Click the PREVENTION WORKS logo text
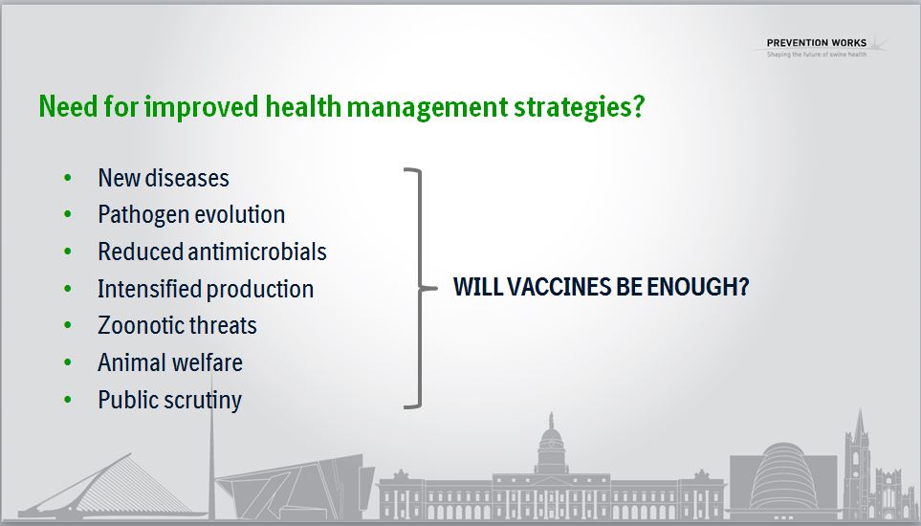pyautogui.click(x=817, y=43)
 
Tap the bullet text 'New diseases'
pyautogui.click(x=164, y=178)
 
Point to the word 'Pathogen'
pyautogui.click(x=141, y=215)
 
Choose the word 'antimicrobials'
pyautogui.click(x=257, y=252)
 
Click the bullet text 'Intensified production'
pyautogui.click(x=206, y=289)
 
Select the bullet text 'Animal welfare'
pyautogui.click(x=170, y=362)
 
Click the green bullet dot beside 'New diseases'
pyautogui.click(x=68, y=177)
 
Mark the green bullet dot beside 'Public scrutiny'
pyautogui.click(x=68, y=400)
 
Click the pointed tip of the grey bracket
pyautogui.click(x=436, y=288)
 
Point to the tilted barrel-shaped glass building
pyautogui.click(x=784, y=476)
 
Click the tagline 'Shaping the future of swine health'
pyautogui.click(x=817, y=55)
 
